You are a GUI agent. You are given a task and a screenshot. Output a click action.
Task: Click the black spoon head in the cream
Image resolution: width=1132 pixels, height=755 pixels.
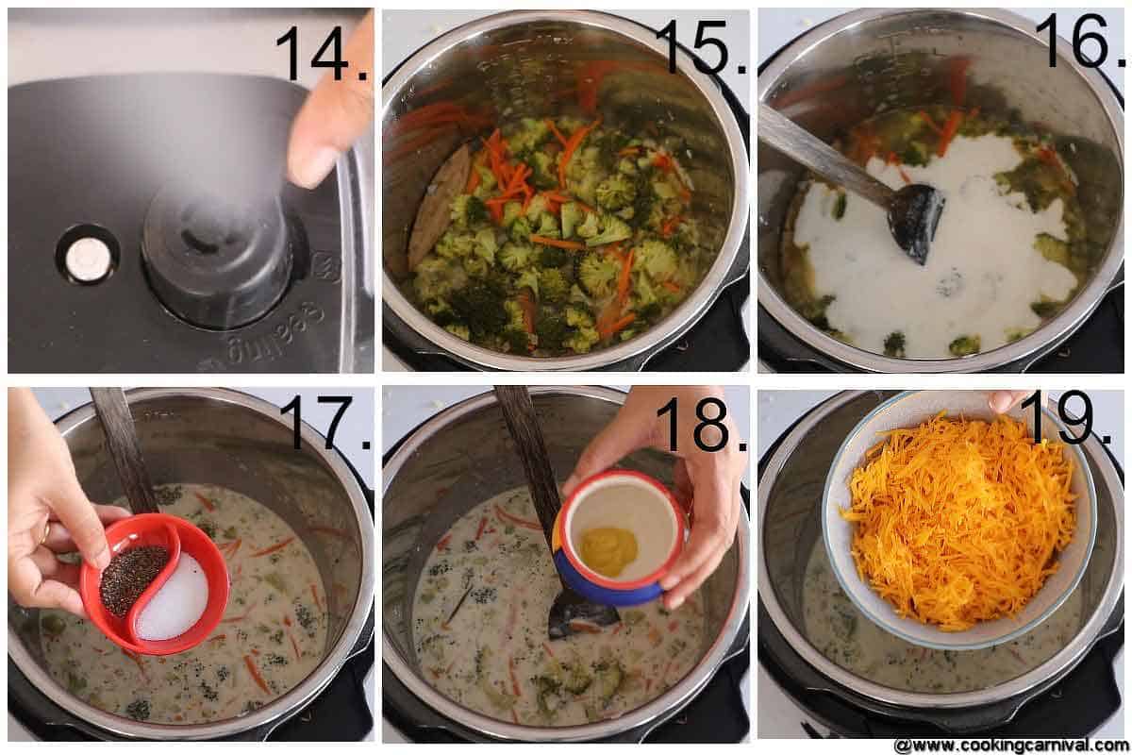(915, 222)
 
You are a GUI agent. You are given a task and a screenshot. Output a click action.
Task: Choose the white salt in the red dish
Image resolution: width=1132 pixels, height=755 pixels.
(175, 600)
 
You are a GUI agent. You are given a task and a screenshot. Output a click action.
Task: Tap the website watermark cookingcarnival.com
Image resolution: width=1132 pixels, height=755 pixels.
(1009, 745)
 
